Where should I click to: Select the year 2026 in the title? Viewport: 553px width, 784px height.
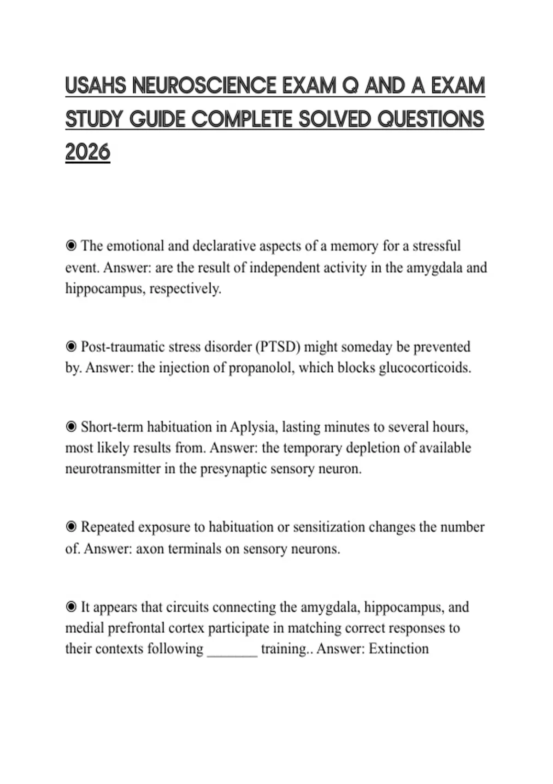click(88, 152)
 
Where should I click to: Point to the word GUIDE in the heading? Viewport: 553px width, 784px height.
click(157, 119)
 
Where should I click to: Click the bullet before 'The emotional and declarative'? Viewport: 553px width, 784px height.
click(71, 246)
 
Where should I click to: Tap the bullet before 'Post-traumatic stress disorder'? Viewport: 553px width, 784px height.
click(71, 347)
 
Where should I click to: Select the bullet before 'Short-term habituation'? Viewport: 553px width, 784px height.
click(71, 427)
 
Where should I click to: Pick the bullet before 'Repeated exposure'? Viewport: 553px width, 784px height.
click(71, 527)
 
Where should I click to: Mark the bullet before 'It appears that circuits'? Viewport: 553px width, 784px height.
click(71, 607)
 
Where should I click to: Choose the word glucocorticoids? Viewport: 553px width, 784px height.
click(424, 368)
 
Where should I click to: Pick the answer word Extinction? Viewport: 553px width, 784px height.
click(399, 649)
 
